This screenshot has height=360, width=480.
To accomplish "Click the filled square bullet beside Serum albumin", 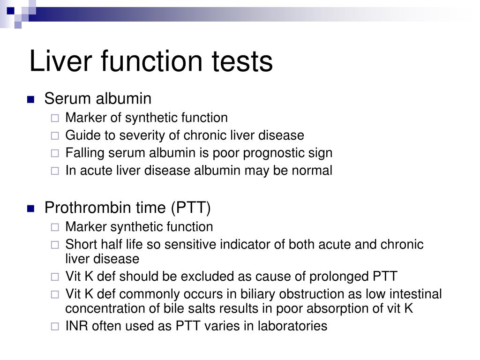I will coord(31,99).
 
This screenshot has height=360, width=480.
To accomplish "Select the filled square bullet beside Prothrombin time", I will coord(31,208).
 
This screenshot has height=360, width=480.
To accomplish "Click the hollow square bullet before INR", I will coord(55,326).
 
